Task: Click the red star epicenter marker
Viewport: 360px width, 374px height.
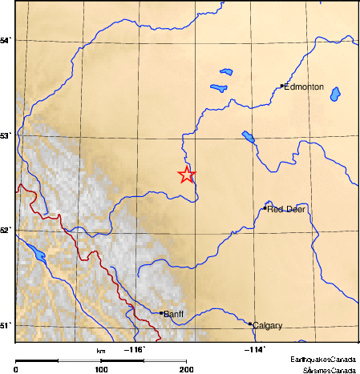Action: (x=186, y=175)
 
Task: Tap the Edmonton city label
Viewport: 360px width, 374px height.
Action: (x=304, y=86)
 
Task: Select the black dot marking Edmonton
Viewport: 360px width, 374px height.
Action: (x=281, y=86)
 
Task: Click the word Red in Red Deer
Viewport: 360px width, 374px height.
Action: (x=275, y=209)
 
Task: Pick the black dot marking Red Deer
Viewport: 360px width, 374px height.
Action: (x=265, y=208)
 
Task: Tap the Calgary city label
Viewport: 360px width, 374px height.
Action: (x=267, y=326)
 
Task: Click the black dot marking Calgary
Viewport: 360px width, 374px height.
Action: (x=250, y=324)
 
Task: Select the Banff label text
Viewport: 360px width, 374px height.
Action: (x=174, y=315)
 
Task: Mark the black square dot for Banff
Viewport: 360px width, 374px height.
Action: (x=161, y=313)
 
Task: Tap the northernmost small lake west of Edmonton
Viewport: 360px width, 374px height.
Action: (x=226, y=72)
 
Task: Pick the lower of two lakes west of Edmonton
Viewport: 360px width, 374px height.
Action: (x=218, y=87)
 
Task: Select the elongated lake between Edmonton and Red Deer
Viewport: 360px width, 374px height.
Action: (x=248, y=137)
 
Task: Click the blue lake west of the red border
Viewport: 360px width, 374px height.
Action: (x=37, y=256)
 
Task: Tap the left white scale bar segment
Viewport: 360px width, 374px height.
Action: (x=79, y=360)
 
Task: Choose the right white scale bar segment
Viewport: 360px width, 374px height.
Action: (x=164, y=360)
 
